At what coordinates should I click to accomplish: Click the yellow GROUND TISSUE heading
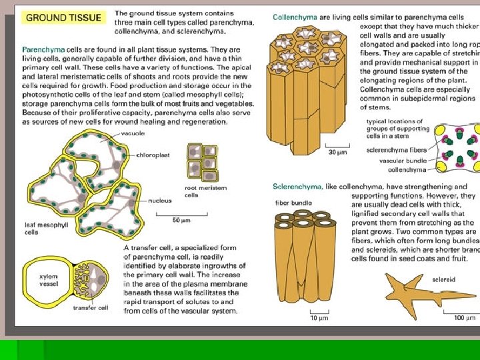pos(63,18)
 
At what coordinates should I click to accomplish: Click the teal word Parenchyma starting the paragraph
pos(44,50)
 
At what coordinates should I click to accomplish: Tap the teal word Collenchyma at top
pos(293,16)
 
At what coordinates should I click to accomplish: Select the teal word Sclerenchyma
pos(297,187)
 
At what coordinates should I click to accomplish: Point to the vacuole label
pos(132,133)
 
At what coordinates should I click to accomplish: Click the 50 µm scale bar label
pos(181,220)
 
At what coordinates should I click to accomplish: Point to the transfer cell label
pos(90,308)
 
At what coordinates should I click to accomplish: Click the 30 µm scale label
pos(339,153)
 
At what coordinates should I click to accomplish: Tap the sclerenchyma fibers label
pos(397,150)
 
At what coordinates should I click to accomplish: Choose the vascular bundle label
pos(403,160)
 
